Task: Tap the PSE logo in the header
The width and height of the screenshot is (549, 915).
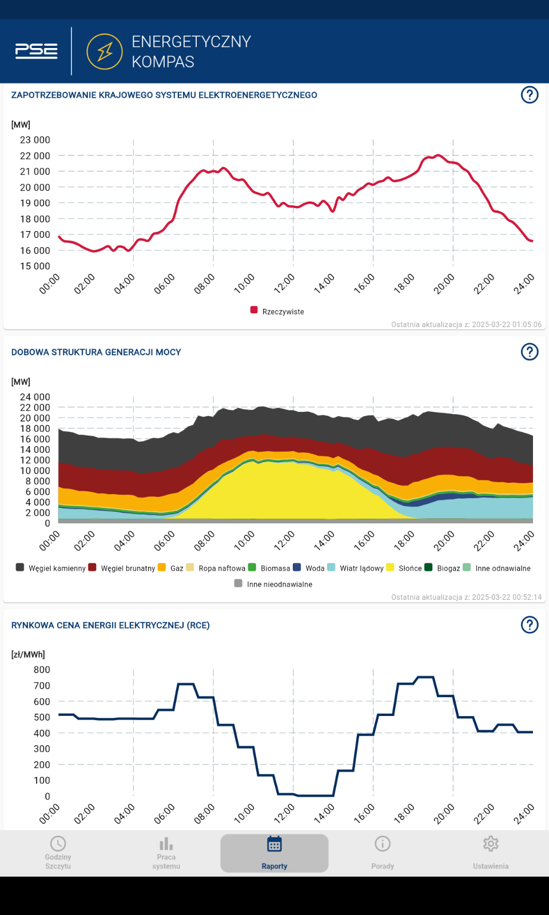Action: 37,51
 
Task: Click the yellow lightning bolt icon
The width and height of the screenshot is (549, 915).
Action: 105,51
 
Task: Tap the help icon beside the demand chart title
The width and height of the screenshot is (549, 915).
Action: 530,95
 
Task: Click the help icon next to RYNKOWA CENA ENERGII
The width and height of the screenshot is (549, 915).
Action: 530,624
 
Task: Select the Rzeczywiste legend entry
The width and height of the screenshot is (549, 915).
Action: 277,311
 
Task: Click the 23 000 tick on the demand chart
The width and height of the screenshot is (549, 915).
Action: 35,140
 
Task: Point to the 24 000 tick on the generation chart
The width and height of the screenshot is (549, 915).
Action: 35,397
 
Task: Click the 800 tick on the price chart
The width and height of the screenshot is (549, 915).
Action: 42,670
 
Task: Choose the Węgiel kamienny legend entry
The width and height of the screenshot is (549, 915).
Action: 51,568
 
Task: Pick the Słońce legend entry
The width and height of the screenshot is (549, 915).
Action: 404,568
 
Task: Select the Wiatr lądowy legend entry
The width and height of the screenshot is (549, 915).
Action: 355,568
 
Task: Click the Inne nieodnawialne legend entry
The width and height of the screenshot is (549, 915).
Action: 273,584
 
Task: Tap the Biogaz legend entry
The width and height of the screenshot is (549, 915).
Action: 443,568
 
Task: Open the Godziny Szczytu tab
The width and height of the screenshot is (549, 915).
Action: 58,853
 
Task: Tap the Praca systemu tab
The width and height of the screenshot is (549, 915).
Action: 166,853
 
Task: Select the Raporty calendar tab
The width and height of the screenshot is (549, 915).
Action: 274,853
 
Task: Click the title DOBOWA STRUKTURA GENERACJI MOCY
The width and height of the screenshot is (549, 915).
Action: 96,352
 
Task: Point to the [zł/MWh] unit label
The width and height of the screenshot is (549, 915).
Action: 28,654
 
